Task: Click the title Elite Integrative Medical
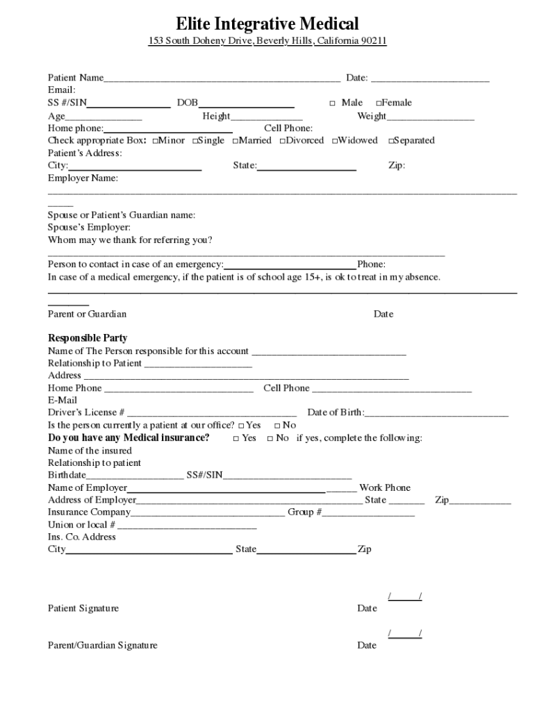tap(267, 24)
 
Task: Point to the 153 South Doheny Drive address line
tap(267, 42)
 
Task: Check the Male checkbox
tap(332, 103)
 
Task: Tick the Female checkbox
tap(379, 103)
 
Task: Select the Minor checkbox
tap(155, 141)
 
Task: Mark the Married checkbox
tap(236, 141)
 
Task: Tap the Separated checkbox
tap(391, 141)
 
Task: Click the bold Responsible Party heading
tap(88, 338)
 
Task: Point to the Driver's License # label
tap(86, 412)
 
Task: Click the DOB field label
tap(187, 103)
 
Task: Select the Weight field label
tap(372, 116)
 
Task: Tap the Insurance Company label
tap(89, 512)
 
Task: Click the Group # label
tap(305, 512)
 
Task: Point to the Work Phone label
tap(385, 487)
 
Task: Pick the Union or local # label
tap(81, 525)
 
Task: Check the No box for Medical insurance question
tap(270, 439)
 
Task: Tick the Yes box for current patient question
tap(241, 426)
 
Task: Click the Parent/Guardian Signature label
tap(102, 646)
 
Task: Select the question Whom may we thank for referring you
tap(130, 240)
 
